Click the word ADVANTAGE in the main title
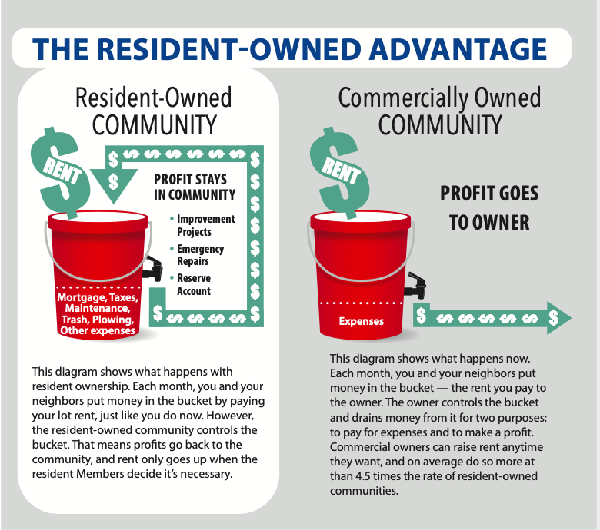pos(458,49)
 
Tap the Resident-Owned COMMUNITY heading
pos(154,111)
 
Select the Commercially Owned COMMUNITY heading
pos(439,111)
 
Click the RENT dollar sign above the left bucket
pos(61,173)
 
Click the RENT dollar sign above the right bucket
pos(340,173)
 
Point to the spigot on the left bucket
pos(152,268)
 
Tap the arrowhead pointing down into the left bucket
pos(114,186)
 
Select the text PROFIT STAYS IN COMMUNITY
pos(195,187)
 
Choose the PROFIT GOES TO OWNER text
pos(489,208)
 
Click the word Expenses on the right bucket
pos(362,321)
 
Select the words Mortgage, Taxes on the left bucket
pos(98,297)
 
